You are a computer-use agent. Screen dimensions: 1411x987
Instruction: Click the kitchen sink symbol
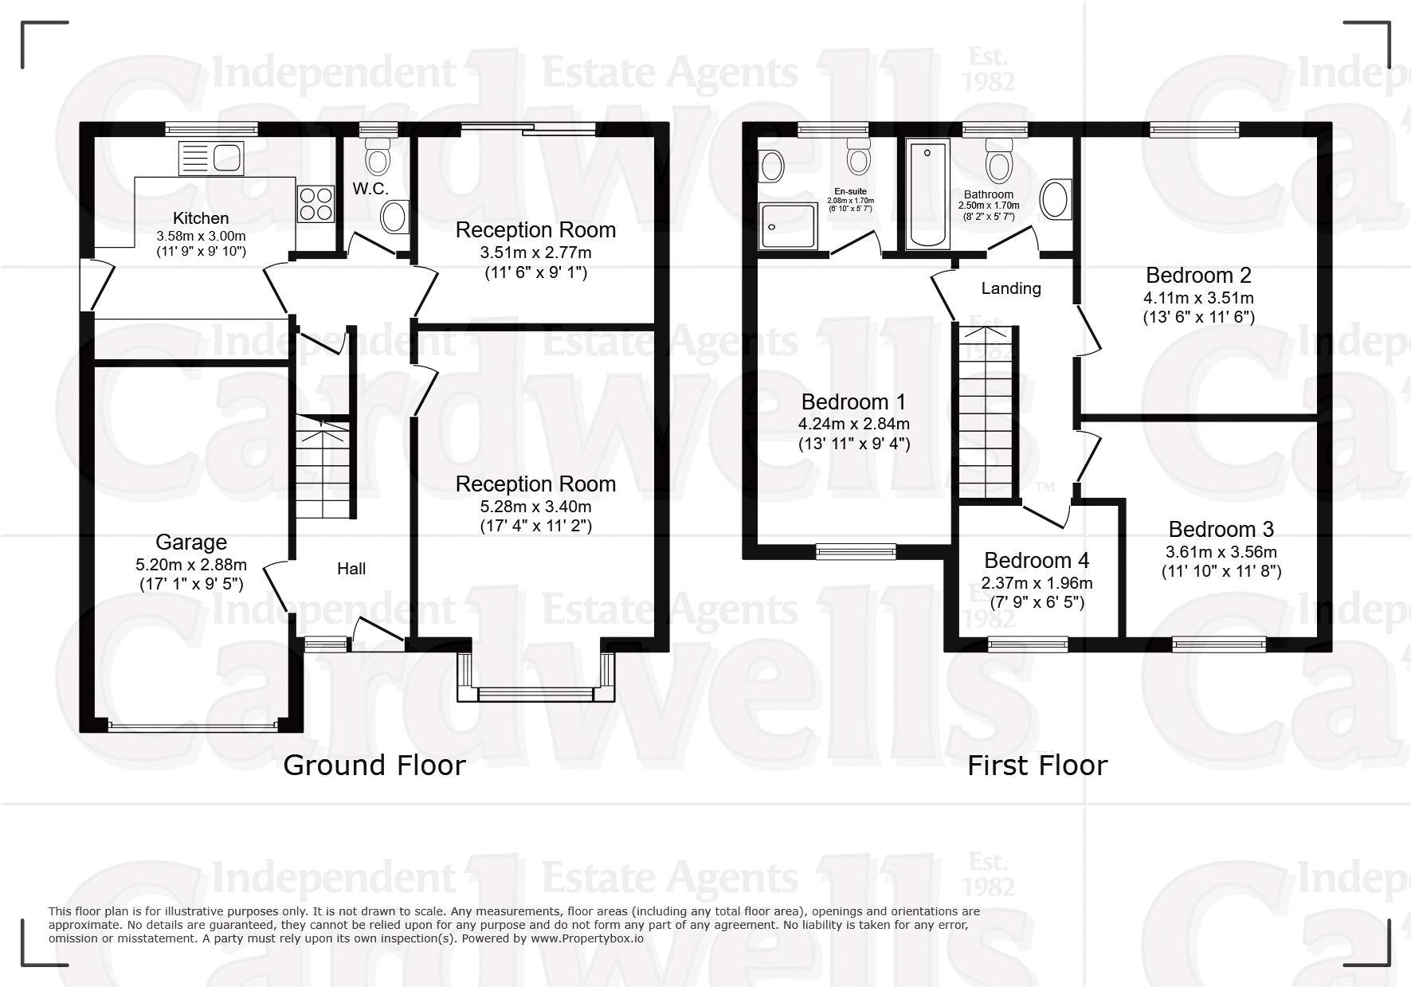211,155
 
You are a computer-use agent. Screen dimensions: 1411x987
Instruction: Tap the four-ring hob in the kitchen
316,203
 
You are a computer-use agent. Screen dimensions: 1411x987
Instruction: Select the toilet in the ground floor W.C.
378,154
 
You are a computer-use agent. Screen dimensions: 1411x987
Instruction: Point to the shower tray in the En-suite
788,225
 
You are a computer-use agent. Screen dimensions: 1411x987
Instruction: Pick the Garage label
191,542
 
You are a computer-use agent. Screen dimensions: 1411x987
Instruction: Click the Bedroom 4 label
1037,561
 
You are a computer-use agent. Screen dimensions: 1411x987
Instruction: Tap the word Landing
1011,288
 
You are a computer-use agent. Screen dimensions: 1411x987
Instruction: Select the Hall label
351,569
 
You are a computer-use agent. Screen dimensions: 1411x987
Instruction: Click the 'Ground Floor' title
374,766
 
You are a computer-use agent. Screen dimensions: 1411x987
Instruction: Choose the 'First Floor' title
1037,766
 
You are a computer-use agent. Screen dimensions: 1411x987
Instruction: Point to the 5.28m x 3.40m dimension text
535,507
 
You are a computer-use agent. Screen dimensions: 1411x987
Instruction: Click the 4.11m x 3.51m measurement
1199,298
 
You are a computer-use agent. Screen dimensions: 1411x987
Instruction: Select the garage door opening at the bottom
192,726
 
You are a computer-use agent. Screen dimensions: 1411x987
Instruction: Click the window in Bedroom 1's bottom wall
856,550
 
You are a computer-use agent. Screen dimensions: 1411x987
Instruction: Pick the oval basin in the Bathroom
1056,199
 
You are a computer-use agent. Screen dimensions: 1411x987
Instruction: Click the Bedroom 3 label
1221,529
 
